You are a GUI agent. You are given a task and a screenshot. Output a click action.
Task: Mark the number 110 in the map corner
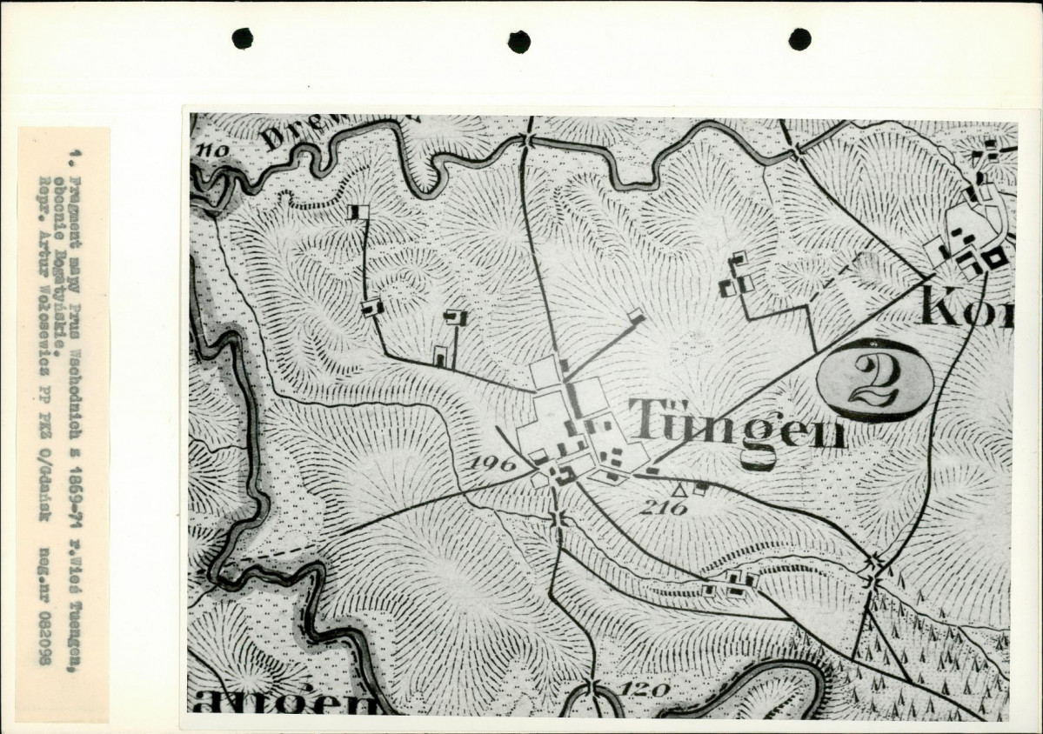(211, 151)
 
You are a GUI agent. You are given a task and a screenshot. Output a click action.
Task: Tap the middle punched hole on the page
(519, 41)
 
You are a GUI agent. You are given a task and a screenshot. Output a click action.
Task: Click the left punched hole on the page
(242, 37)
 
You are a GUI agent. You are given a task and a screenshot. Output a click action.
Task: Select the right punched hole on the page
(799, 38)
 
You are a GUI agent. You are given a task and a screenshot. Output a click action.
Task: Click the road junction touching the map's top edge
(528, 138)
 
